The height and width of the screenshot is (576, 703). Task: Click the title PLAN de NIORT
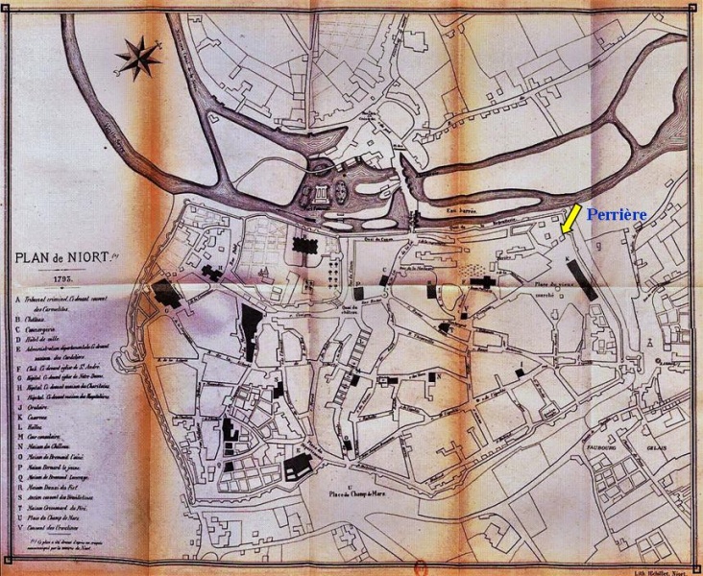tap(63, 258)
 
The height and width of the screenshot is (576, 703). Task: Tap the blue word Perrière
tap(618, 215)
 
